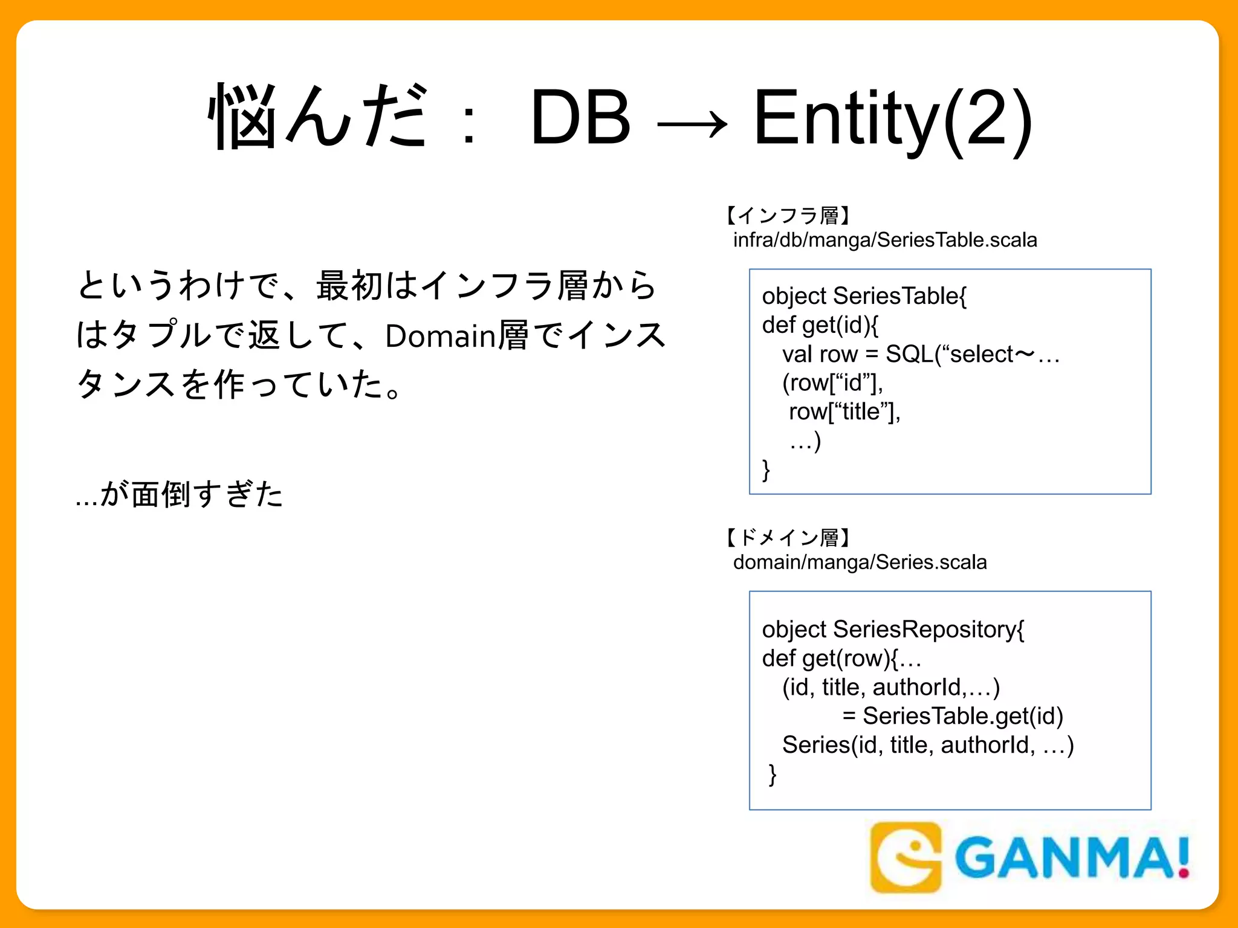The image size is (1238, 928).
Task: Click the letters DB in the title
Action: click(580, 117)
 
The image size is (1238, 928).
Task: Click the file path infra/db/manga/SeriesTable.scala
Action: click(885, 240)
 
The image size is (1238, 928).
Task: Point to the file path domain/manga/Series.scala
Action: click(860, 562)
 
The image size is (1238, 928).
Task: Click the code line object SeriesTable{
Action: click(864, 296)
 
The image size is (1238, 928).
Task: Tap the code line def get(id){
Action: click(820, 325)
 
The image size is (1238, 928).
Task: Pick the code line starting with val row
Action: click(921, 354)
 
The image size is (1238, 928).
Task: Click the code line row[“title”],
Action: click(844, 412)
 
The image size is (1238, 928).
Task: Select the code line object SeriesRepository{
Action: click(893, 630)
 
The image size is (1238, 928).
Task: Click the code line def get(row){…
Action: click(841, 659)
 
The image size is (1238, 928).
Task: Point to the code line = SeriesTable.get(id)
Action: click(953, 716)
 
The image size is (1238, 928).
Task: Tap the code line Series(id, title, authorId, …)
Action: click(927, 745)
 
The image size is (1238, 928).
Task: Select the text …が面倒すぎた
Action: click(180, 494)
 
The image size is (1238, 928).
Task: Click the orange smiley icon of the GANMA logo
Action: click(905, 857)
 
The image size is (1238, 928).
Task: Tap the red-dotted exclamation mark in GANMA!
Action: click(1182, 857)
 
